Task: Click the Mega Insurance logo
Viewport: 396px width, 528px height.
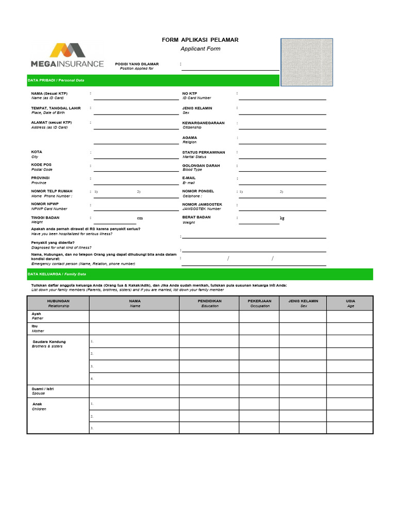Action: point(67,55)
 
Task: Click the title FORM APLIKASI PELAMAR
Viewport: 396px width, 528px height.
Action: point(200,40)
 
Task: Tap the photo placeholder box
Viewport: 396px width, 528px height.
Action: point(306,62)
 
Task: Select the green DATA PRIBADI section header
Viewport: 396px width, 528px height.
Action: point(153,80)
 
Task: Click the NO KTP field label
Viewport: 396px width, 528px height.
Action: point(190,93)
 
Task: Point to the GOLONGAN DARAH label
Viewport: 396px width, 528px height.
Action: point(201,166)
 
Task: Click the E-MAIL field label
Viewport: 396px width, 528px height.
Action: point(189,178)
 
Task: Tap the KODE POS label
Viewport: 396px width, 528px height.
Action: point(41,164)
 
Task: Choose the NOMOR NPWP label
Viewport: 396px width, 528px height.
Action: point(45,204)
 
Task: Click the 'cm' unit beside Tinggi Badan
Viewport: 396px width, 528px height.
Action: point(140,218)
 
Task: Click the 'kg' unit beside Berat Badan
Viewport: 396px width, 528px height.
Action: point(282,218)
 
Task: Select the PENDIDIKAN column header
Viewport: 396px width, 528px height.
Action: point(209,301)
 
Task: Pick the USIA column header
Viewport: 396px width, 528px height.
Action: point(350,301)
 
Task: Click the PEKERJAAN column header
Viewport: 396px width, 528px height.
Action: point(259,301)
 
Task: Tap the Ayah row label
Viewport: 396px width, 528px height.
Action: point(37,313)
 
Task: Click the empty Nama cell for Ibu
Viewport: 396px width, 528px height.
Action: point(134,328)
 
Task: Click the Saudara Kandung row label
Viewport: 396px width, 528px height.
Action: point(49,342)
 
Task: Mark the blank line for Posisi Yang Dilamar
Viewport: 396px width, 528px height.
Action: point(229,67)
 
